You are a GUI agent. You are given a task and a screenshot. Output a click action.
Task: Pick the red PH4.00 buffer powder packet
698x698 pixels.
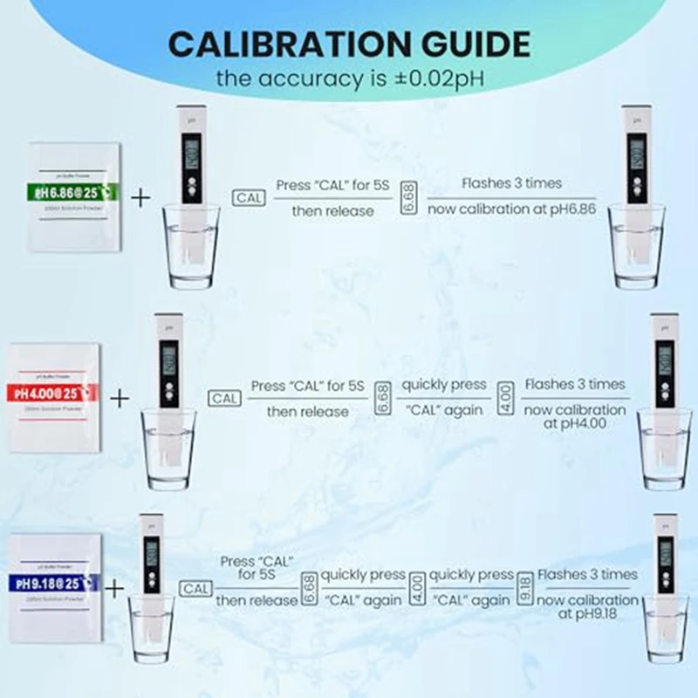[x=54, y=397]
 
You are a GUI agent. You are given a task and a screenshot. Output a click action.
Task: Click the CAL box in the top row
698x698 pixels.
[x=249, y=198]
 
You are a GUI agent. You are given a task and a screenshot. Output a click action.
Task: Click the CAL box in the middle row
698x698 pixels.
[x=224, y=398]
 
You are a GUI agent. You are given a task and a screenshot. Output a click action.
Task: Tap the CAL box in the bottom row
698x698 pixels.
[x=196, y=588]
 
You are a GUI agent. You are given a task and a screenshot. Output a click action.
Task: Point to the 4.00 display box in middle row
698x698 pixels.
[x=505, y=398]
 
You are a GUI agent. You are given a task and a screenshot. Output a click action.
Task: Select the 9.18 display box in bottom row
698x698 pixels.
[x=525, y=587]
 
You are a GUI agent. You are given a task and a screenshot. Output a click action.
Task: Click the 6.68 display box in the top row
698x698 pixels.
[x=407, y=198]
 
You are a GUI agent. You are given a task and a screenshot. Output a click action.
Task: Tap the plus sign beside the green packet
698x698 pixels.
[x=140, y=197]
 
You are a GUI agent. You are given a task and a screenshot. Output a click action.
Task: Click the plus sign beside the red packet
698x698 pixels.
[x=119, y=398]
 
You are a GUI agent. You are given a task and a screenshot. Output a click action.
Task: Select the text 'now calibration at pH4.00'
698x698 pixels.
[x=573, y=415]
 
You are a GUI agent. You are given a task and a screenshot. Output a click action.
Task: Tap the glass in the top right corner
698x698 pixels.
[x=638, y=248]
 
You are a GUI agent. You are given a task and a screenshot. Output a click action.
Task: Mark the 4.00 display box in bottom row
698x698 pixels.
[x=417, y=587]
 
